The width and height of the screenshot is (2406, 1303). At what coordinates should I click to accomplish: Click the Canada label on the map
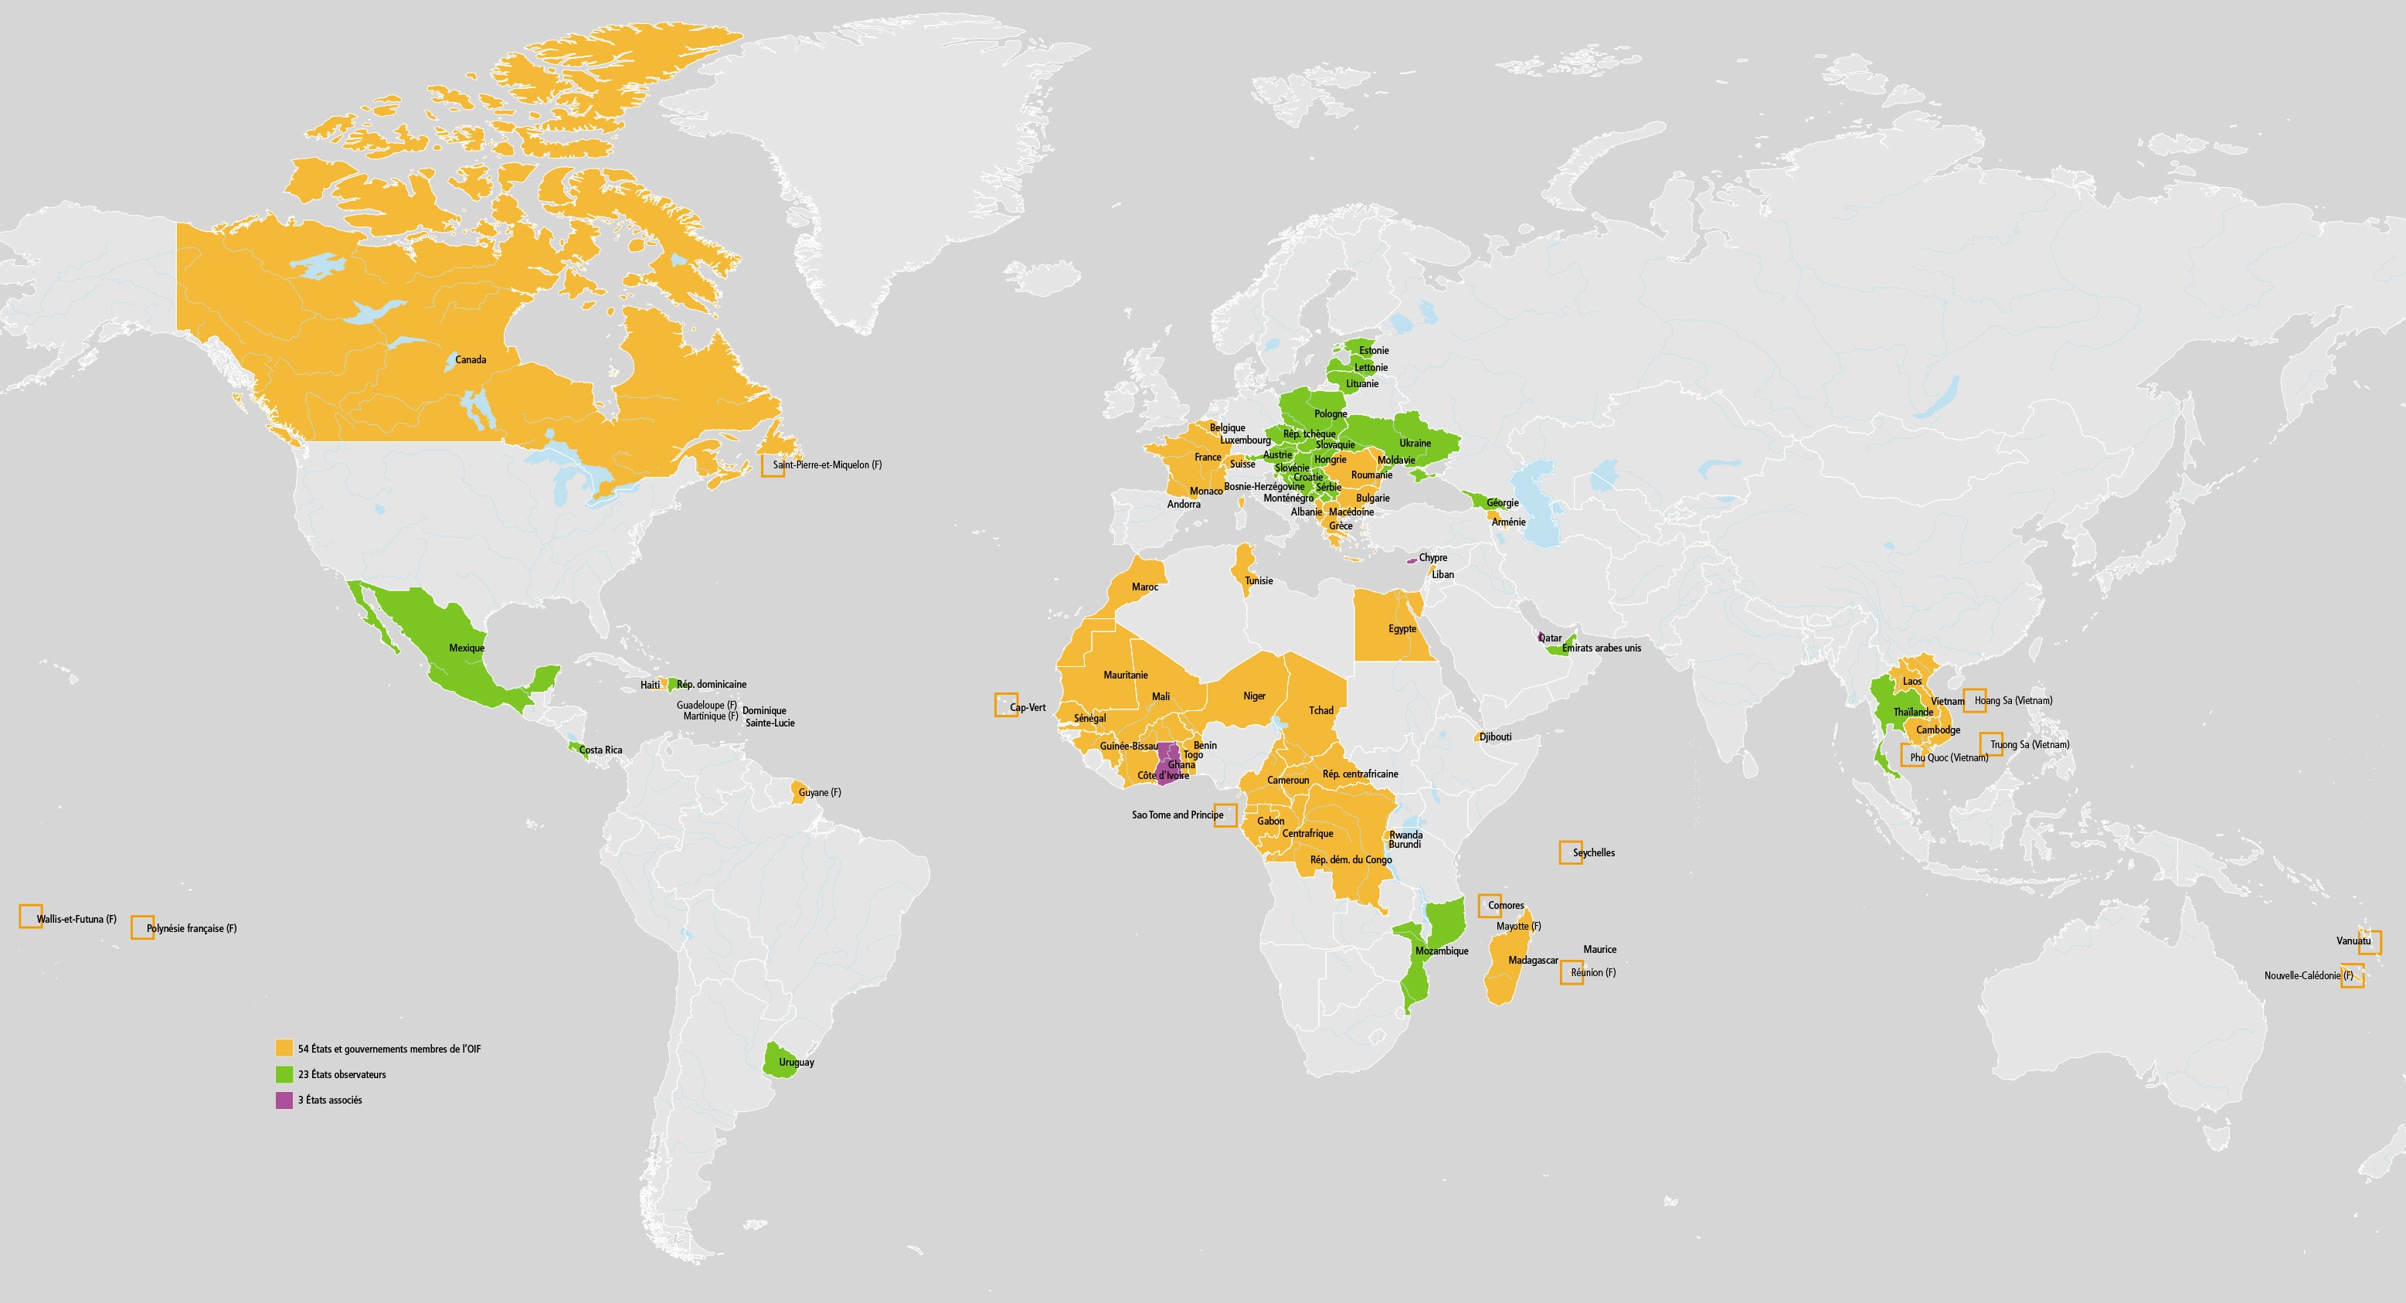pos(471,359)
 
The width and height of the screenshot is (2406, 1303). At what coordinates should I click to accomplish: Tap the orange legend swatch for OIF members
pos(284,1048)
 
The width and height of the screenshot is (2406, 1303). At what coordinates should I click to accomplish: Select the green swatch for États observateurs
pos(284,1074)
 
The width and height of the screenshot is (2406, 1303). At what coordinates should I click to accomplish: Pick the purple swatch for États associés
pos(284,1100)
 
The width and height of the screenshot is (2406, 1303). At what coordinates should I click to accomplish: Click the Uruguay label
pos(797,1062)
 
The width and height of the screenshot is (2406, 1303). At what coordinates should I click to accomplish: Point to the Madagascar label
pos(1533,960)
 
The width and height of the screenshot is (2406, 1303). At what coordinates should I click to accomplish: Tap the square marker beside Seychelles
pos(1570,852)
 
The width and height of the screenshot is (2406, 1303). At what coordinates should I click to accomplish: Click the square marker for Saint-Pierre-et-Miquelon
pos(773,465)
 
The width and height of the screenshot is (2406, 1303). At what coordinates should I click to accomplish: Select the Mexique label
pos(467,648)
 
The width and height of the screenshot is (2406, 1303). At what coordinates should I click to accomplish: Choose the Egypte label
pos(1402,628)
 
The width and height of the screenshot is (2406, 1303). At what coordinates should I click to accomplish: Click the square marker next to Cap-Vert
pos(1006,704)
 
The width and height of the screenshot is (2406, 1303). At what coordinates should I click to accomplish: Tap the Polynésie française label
pos(192,928)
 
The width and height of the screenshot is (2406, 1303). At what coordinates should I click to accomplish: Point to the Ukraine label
pos(1415,444)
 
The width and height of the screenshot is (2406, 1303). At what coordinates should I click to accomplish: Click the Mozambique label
pos(1441,951)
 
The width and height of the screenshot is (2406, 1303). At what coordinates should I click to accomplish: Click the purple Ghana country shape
pos(1167,758)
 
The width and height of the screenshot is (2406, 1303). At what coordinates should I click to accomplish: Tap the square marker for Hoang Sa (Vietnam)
pos(1975,699)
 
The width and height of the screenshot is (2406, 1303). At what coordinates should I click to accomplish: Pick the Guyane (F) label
pos(820,793)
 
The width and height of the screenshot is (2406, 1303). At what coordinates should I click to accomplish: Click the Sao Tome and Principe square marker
pos(1225,815)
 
